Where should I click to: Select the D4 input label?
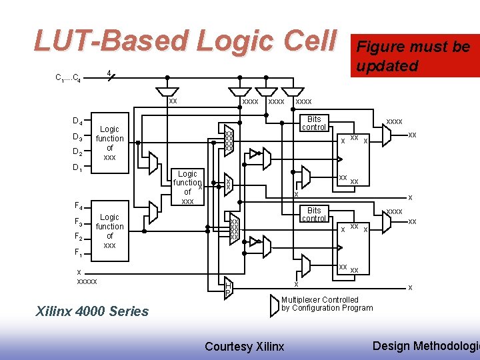[77, 121]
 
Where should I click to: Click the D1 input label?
[77, 168]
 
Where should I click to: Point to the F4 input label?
[77, 206]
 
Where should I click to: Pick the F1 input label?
[77, 253]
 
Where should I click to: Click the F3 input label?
[77, 222]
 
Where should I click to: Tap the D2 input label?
[77, 152]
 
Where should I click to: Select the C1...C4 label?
[69, 77]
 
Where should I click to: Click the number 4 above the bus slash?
[109, 72]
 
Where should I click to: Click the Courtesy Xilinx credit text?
[244, 346]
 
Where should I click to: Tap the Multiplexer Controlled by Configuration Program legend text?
[327, 304]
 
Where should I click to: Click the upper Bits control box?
[313, 123]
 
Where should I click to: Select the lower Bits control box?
[313, 214]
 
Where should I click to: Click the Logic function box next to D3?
[109, 143]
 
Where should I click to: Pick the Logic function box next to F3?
[109, 231]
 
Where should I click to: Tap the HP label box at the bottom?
[227, 287]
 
